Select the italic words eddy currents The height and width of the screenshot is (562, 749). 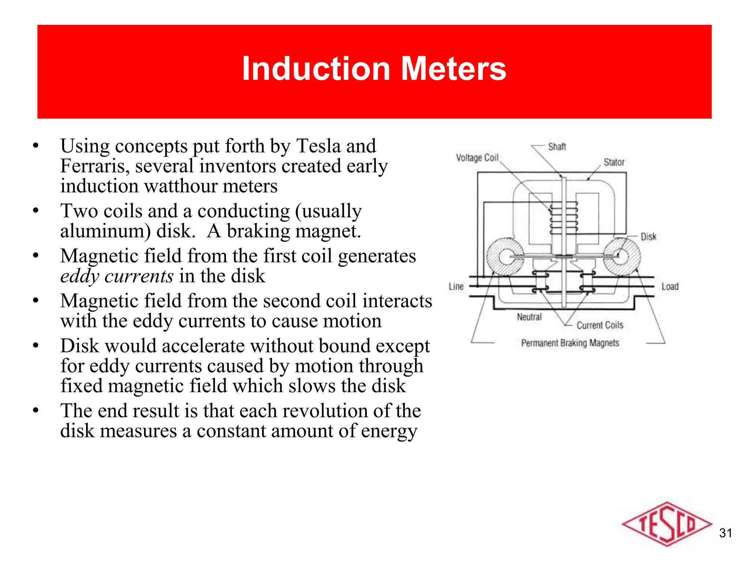click(x=117, y=276)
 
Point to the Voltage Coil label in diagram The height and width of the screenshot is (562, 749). click(x=477, y=158)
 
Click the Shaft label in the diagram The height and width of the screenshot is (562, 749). click(x=557, y=147)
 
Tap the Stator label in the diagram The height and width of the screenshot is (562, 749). click(x=614, y=162)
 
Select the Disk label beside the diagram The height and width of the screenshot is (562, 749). click(x=648, y=237)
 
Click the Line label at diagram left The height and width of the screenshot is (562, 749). click(x=456, y=286)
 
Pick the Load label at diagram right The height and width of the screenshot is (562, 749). click(x=670, y=286)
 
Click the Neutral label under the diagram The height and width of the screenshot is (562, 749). click(x=529, y=317)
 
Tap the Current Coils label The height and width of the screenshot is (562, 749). click(x=599, y=325)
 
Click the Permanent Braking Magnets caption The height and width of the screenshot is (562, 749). click(x=570, y=343)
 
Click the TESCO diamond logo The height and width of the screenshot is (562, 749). click(x=666, y=524)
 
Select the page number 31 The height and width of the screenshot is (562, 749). click(x=725, y=533)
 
